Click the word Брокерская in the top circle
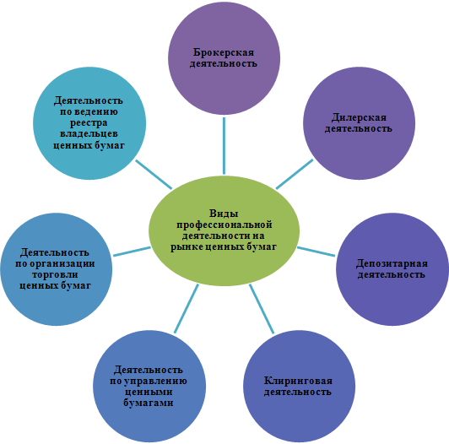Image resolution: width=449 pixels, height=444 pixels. point(224,53)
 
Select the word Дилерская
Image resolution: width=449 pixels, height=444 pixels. point(359,118)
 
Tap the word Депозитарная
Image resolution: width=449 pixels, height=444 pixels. point(392,264)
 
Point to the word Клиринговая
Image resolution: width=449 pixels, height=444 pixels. point(298,381)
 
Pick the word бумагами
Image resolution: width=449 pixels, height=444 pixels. point(149,403)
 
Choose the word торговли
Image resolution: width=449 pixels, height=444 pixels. point(55,274)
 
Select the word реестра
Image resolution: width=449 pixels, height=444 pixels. point(89,123)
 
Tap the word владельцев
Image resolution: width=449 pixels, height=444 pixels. point(89,134)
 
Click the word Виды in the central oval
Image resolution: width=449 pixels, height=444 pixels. point(224,214)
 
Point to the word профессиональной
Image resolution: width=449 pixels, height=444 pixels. point(224,225)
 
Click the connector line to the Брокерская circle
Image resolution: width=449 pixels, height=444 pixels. point(224,145)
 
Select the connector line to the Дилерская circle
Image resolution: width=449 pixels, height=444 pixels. point(295,174)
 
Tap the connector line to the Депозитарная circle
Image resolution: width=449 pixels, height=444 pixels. point(316,252)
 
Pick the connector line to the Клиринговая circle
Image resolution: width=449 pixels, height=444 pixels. point(262,309)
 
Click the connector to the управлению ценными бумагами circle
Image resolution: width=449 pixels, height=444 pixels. point(187,308)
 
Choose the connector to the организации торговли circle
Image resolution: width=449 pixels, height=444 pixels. point(132,252)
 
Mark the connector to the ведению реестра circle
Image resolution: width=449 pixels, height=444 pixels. point(154,174)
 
